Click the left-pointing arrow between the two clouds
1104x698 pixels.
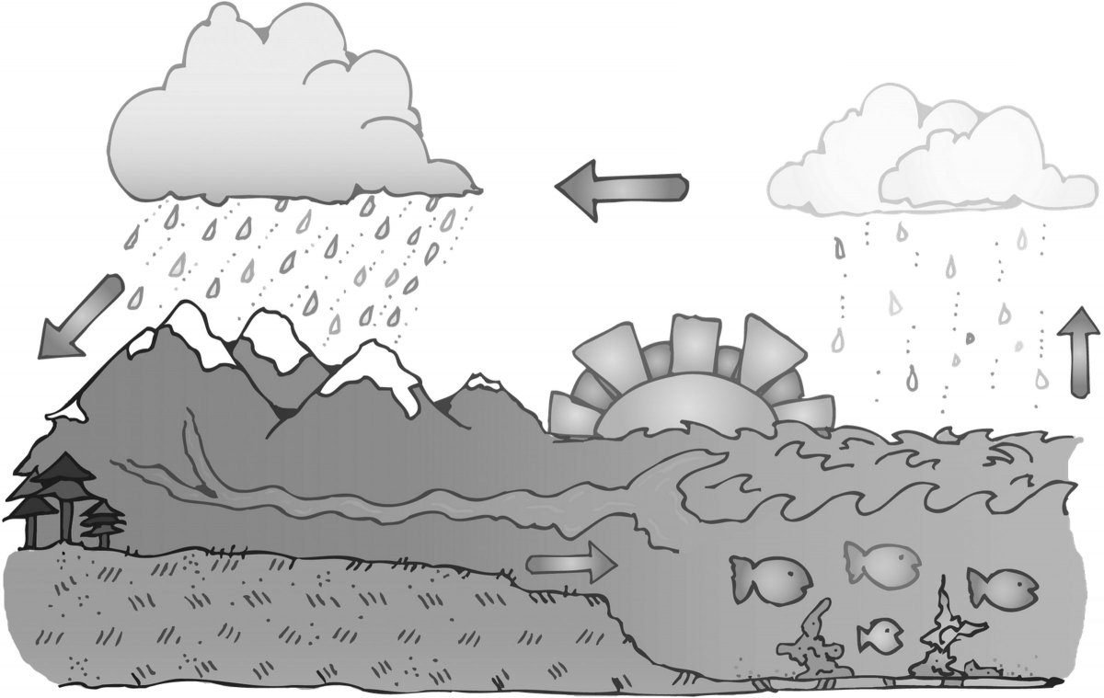point(621,189)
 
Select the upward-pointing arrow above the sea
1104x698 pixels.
point(1082,354)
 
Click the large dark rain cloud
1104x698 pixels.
point(285,110)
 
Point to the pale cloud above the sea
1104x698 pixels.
point(929,156)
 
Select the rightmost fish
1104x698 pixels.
point(1003,589)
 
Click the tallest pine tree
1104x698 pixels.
point(55,487)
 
